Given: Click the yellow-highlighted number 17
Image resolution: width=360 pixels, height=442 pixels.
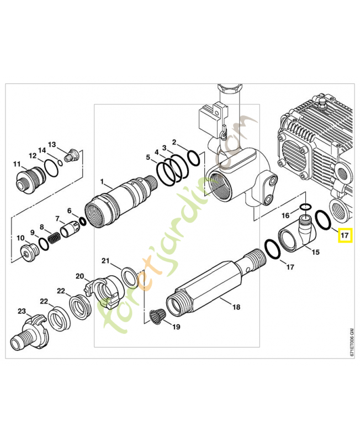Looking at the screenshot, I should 345,236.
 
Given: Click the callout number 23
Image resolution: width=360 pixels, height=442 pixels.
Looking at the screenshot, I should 22,312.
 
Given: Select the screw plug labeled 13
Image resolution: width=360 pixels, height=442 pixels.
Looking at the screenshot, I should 71,156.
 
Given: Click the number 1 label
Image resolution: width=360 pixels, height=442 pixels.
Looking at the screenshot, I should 102,181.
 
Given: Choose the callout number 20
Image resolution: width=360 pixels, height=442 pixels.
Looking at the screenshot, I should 80,276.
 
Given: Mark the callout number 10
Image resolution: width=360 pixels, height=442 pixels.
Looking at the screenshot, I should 20,238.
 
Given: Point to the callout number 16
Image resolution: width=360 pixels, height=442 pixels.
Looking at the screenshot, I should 285,214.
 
